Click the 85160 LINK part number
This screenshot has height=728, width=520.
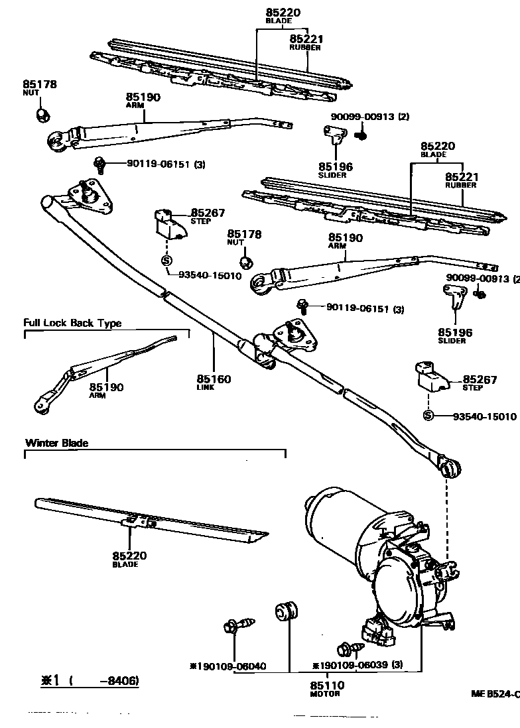(x=214, y=379)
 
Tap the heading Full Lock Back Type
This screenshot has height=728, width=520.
(x=72, y=323)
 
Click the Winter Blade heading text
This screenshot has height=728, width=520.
(x=56, y=443)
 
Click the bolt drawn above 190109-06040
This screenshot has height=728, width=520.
(x=239, y=625)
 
